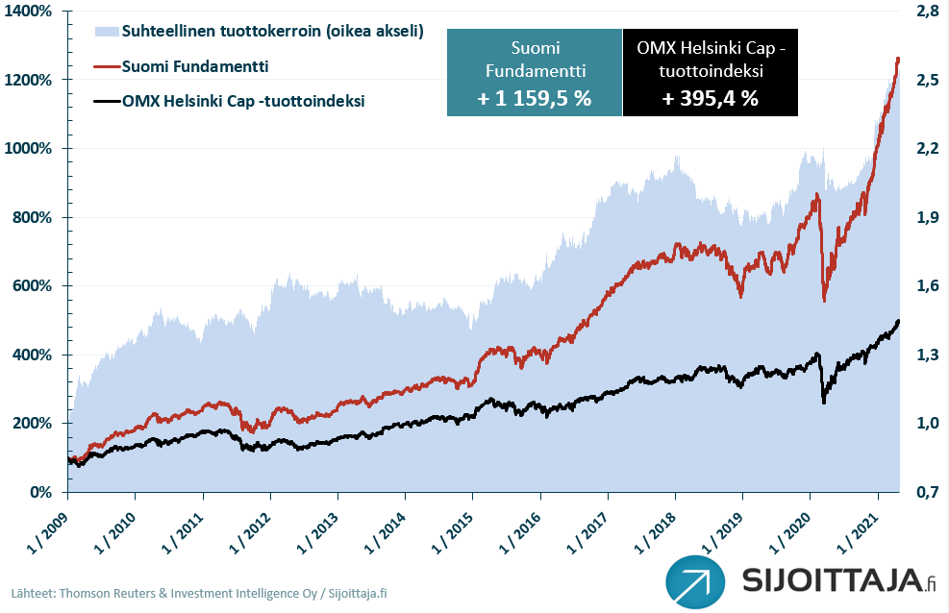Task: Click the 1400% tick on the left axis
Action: pyautogui.click(x=32, y=11)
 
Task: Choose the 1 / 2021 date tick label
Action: pyautogui.click(x=862, y=523)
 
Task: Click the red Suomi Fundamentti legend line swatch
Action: pyautogui.click(x=107, y=66)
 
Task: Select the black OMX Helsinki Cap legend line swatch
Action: pyautogui.click(x=107, y=100)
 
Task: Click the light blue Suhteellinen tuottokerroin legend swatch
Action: pyautogui.click(x=107, y=33)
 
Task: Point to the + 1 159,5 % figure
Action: pyautogui.click(x=535, y=99)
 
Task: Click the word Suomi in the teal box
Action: pyautogui.click(x=535, y=48)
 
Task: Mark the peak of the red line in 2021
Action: pyautogui.click(x=897, y=59)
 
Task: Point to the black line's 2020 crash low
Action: pyautogui.click(x=823, y=402)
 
